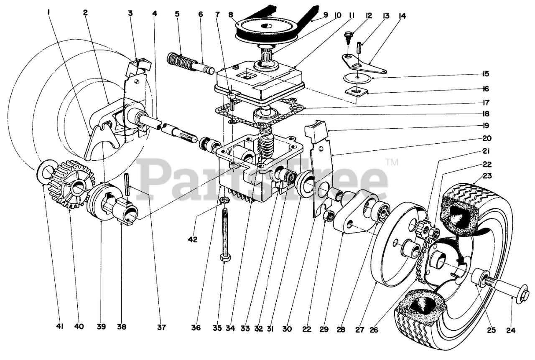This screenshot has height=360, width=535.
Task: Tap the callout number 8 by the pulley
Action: click(x=230, y=13)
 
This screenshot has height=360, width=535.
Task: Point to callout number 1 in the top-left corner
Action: click(x=49, y=13)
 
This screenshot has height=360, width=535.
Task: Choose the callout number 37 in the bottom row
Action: click(x=161, y=328)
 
